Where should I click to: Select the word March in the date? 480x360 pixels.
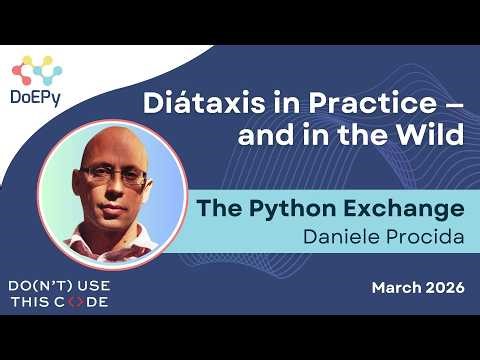tap(396, 288)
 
